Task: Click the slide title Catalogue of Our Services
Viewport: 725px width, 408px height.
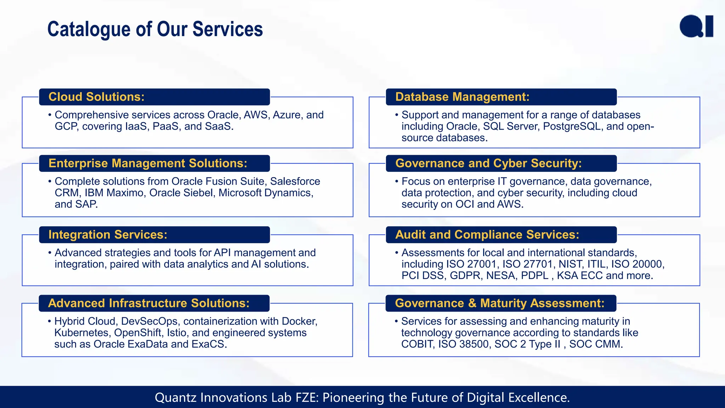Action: (155, 29)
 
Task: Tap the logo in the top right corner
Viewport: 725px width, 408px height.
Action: (696, 26)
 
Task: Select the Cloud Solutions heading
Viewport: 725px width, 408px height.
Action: (96, 97)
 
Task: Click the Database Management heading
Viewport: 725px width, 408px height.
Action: (462, 97)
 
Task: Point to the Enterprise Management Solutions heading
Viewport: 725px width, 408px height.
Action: (148, 163)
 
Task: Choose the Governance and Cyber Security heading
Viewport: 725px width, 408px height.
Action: (488, 163)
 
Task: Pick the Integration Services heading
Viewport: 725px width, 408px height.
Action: (108, 234)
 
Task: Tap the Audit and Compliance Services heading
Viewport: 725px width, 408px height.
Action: (487, 234)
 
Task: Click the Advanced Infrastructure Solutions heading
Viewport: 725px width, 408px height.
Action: (149, 303)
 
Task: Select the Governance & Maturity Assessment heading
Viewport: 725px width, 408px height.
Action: (499, 303)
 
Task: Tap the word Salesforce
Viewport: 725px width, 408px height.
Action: (295, 181)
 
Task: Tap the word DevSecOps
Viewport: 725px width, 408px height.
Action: (150, 321)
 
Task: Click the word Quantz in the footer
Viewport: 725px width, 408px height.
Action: (176, 398)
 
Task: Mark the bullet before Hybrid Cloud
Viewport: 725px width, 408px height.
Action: (50, 321)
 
